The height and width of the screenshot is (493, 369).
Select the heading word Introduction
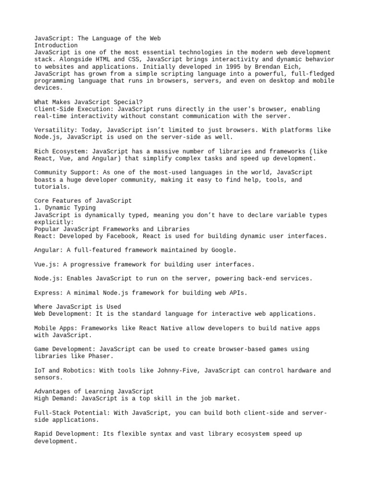pyautogui.click(x=56, y=45)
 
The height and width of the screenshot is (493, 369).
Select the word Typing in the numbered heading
pyautogui.click(x=85, y=208)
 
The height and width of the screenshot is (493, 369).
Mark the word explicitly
pyautogui.click(x=54, y=222)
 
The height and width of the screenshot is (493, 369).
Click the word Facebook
pyautogui.click(x=144, y=236)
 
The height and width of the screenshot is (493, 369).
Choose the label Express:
pyautogui.click(x=49, y=293)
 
